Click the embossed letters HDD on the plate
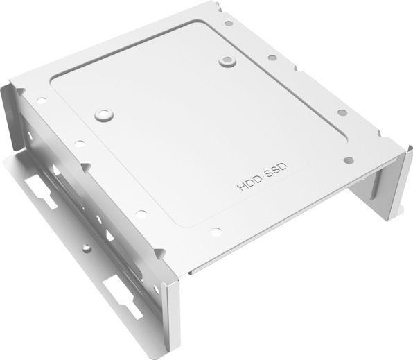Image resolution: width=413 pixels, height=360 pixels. point(249,185)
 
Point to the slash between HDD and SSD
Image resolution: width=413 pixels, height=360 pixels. point(263,178)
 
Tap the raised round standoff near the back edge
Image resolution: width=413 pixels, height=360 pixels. point(227,60)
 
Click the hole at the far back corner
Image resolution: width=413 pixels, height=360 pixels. point(229,23)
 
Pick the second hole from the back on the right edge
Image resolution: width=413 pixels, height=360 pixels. point(272,58)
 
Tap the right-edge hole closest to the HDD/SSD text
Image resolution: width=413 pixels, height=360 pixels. point(349,160)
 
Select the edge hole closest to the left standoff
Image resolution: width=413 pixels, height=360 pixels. point(80,144)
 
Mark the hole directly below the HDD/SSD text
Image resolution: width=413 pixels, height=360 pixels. point(216,231)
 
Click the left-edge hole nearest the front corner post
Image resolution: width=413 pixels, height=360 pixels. point(141,214)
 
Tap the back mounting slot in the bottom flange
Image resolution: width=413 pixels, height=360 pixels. point(42,191)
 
